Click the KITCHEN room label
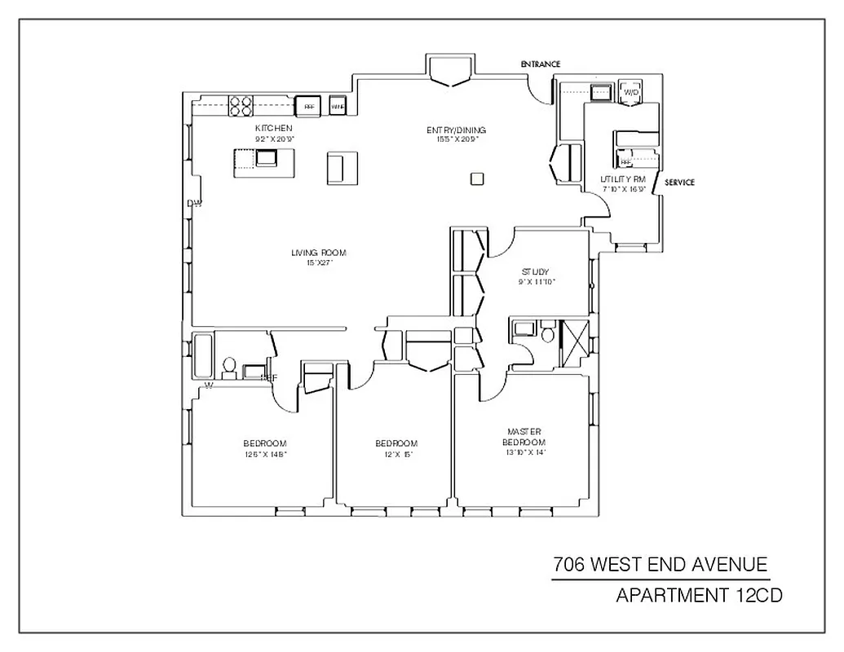(273, 129)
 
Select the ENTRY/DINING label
(457, 130)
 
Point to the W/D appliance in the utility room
(630, 92)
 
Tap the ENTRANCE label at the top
(541, 64)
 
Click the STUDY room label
(535, 272)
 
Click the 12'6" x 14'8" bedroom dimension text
(266, 454)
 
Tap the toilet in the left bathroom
(230, 368)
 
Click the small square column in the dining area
(478, 178)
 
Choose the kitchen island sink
(267, 157)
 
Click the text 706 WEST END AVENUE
(660, 565)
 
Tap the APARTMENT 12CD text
(699, 597)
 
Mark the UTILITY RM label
(623, 178)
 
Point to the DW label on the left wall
(194, 204)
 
